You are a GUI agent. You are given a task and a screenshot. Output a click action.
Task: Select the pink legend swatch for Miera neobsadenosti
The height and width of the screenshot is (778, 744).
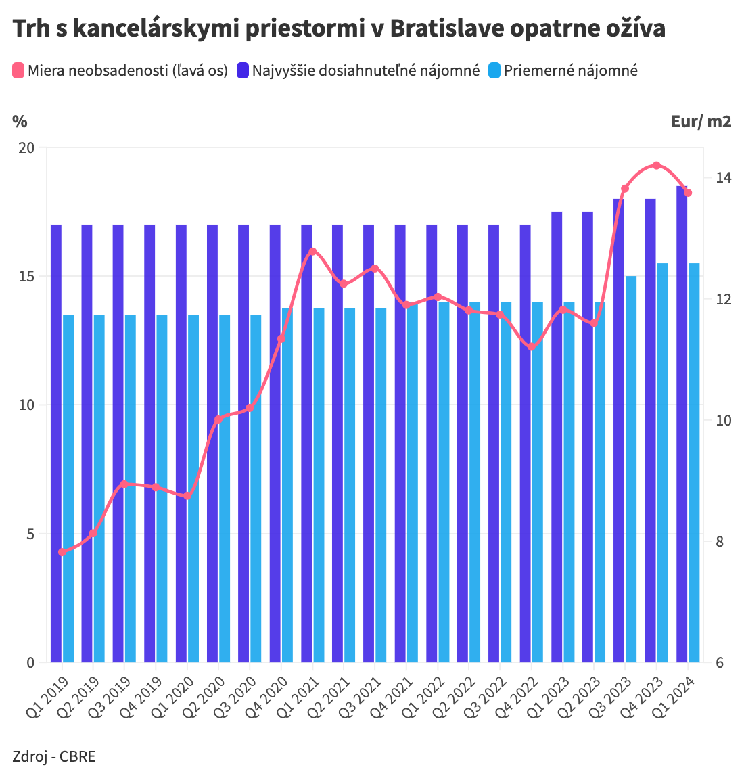click(18, 70)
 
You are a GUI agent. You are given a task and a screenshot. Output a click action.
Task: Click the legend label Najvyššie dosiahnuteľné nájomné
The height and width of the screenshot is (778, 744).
click(365, 70)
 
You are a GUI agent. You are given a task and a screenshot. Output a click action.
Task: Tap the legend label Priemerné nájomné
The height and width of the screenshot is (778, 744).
click(570, 70)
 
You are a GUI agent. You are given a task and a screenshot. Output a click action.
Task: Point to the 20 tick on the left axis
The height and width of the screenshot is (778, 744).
click(26, 147)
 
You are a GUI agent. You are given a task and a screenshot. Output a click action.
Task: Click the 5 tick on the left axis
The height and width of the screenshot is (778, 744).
click(30, 534)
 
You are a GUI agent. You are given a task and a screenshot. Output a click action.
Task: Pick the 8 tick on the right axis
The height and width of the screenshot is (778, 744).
click(720, 541)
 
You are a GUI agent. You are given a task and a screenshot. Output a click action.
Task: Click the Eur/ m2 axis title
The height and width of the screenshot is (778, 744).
click(701, 121)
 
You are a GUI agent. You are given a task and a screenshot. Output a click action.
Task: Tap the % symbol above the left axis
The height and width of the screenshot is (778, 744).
click(20, 121)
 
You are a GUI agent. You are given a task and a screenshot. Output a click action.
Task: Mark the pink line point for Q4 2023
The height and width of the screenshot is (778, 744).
click(656, 165)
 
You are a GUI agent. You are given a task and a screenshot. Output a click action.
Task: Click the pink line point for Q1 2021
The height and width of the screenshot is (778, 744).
click(312, 252)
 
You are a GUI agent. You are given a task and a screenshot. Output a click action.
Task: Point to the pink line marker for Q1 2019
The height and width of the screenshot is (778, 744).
click(62, 552)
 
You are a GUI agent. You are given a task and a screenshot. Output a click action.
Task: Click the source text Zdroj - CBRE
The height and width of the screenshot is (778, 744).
click(54, 756)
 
